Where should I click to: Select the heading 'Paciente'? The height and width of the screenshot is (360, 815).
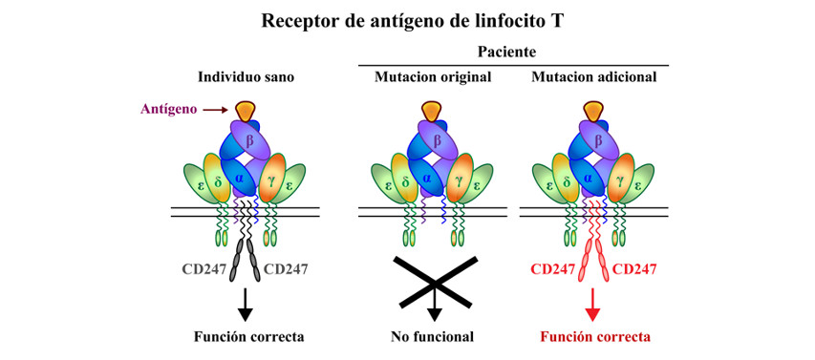coord(513,53)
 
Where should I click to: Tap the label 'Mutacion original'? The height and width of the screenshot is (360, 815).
coord(433,76)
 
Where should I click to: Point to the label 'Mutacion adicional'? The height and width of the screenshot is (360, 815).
coord(593,76)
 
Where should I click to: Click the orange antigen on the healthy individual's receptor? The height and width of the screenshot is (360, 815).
coord(246,110)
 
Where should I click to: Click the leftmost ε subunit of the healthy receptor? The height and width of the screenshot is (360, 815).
coord(202,180)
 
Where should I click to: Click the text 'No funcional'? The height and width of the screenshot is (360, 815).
coord(433,336)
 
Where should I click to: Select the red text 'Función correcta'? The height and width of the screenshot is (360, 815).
coord(595,336)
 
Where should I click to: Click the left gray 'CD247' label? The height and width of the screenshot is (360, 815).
coord(204,269)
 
